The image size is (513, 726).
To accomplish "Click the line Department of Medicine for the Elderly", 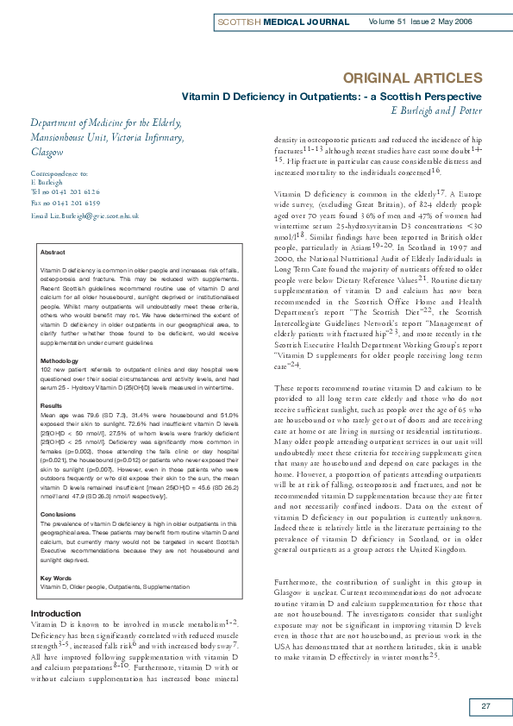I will coord(106,122).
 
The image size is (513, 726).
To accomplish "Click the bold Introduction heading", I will coord(55,614).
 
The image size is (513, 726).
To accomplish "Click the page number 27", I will coord(485,708).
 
